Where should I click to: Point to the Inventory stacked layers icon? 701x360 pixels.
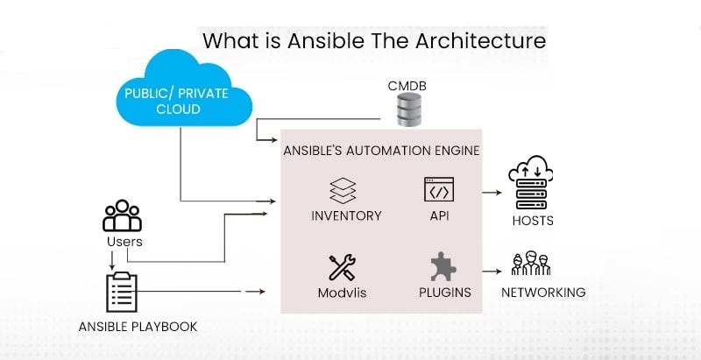click(342, 191)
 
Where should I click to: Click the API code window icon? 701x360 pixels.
click(439, 191)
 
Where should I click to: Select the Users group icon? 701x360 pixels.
click(122, 216)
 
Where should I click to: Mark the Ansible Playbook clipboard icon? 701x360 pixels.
click(122, 292)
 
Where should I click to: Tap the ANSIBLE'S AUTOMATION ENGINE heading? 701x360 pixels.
click(381, 151)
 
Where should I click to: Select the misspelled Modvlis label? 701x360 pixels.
click(342, 293)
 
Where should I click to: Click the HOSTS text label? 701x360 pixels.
click(533, 221)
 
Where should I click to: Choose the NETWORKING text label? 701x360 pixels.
click(543, 293)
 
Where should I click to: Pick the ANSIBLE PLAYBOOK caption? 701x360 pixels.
click(138, 327)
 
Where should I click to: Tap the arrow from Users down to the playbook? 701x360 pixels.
click(112, 260)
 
